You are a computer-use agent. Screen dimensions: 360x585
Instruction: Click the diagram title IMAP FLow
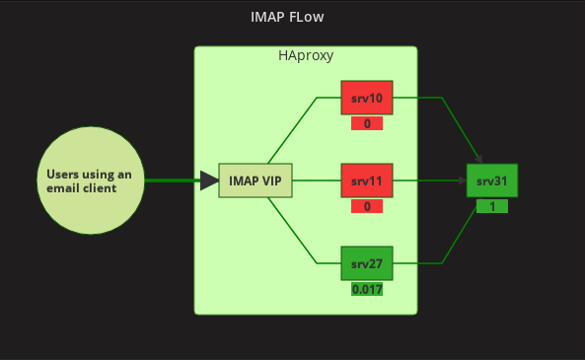[x=287, y=18]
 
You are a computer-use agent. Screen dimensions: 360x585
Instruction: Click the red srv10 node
[x=367, y=98]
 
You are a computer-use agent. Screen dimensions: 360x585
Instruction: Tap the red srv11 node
[x=367, y=180]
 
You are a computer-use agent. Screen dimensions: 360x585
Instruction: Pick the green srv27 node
[x=367, y=263]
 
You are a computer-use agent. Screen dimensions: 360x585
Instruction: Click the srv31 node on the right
[x=491, y=180]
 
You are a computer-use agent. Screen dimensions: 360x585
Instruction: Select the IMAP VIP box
[x=256, y=180]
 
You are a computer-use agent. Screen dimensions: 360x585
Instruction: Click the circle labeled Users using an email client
[x=90, y=180]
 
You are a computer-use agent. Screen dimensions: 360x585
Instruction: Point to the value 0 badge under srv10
[x=367, y=124]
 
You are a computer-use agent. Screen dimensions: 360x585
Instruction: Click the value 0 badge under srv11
[x=367, y=207]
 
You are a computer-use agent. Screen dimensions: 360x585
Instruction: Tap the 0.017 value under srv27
[x=367, y=290]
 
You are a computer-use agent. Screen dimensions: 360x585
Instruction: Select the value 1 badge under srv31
[x=491, y=207]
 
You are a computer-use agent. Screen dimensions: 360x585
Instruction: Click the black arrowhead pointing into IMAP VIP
[x=209, y=180]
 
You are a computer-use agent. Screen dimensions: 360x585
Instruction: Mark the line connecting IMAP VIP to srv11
[x=316, y=180]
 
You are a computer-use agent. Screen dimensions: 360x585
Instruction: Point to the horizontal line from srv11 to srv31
[x=429, y=180]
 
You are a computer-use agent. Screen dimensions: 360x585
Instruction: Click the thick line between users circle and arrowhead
[x=172, y=180]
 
